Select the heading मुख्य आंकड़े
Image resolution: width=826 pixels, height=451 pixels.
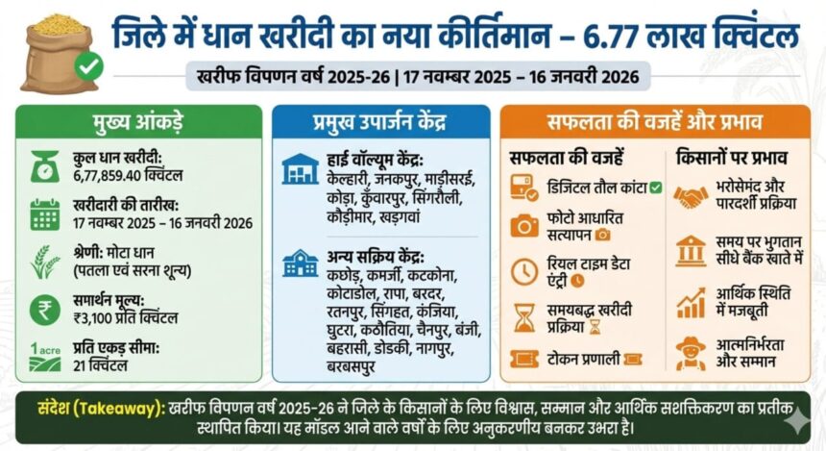click(x=138, y=125)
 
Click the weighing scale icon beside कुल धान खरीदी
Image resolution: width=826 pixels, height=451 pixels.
click(x=44, y=167)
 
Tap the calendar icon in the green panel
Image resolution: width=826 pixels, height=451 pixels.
click(x=44, y=213)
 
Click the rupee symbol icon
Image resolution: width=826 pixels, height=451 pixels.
click(x=44, y=311)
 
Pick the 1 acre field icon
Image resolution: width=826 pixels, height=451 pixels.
click(x=43, y=357)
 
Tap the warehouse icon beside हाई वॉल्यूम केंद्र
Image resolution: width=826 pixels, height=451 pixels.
click(x=300, y=169)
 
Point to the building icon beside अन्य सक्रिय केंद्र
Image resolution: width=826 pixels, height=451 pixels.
click(x=300, y=262)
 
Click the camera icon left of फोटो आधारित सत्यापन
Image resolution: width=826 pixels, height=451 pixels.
click(x=524, y=225)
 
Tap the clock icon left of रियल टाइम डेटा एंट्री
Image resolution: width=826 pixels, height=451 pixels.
click(x=524, y=271)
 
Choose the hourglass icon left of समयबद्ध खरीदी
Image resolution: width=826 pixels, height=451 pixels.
click(x=524, y=317)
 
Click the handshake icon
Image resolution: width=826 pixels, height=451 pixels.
click(x=690, y=198)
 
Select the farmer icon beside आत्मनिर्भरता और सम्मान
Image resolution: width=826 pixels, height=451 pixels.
click(x=690, y=352)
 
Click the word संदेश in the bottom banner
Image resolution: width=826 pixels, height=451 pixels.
click(x=61, y=407)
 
